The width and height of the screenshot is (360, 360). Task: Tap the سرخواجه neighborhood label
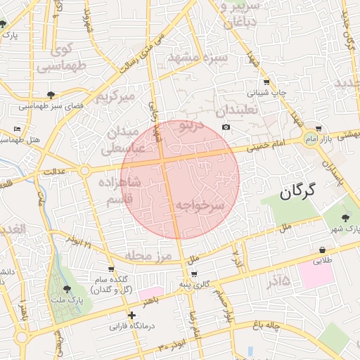pos(199,205)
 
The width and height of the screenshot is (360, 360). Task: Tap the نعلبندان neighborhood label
pos(237,110)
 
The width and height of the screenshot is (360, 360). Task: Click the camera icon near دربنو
pos(226,127)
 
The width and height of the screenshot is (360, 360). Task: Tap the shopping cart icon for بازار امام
pos(319,129)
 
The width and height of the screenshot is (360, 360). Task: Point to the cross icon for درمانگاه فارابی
pos(131,315)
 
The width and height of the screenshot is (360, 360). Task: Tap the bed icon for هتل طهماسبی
pos(17,129)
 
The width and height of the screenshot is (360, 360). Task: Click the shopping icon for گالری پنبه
pos(194,274)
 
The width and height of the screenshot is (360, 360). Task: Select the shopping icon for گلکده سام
pos(111,269)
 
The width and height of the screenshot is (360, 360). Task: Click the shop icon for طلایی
pos(322,250)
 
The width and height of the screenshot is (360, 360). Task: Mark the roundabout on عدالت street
pos(84,171)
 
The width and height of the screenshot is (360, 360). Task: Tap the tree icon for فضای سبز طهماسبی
pos(51,94)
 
